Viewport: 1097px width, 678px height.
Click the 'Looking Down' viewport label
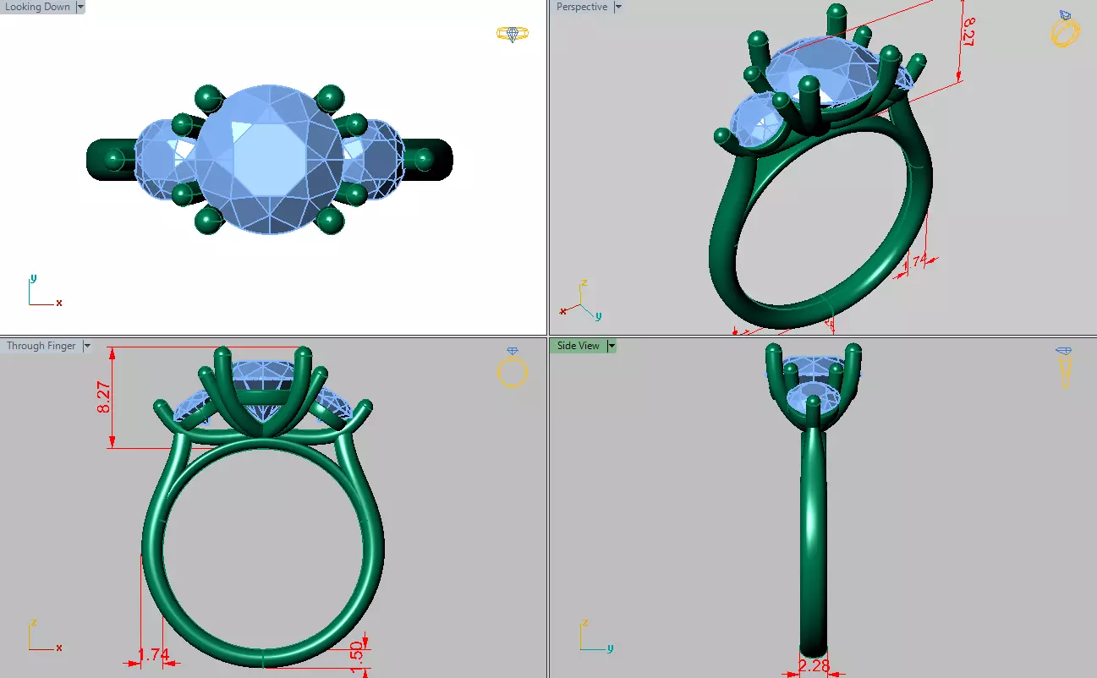click(x=37, y=8)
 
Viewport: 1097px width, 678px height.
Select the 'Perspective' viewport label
click(x=581, y=8)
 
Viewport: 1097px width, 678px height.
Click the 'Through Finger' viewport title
click(x=41, y=346)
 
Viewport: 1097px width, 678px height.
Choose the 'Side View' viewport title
click(x=578, y=346)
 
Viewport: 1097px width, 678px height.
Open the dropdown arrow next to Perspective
click(x=618, y=8)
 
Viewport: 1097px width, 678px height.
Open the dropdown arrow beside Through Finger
click(x=87, y=346)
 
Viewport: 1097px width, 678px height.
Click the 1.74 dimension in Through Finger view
click(x=153, y=654)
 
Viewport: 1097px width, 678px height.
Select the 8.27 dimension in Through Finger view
click(x=104, y=396)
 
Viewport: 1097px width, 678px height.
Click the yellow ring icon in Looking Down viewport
click(x=513, y=34)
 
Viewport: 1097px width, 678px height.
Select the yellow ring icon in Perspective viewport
click(x=1064, y=30)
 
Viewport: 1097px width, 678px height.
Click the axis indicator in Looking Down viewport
click(x=41, y=292)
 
